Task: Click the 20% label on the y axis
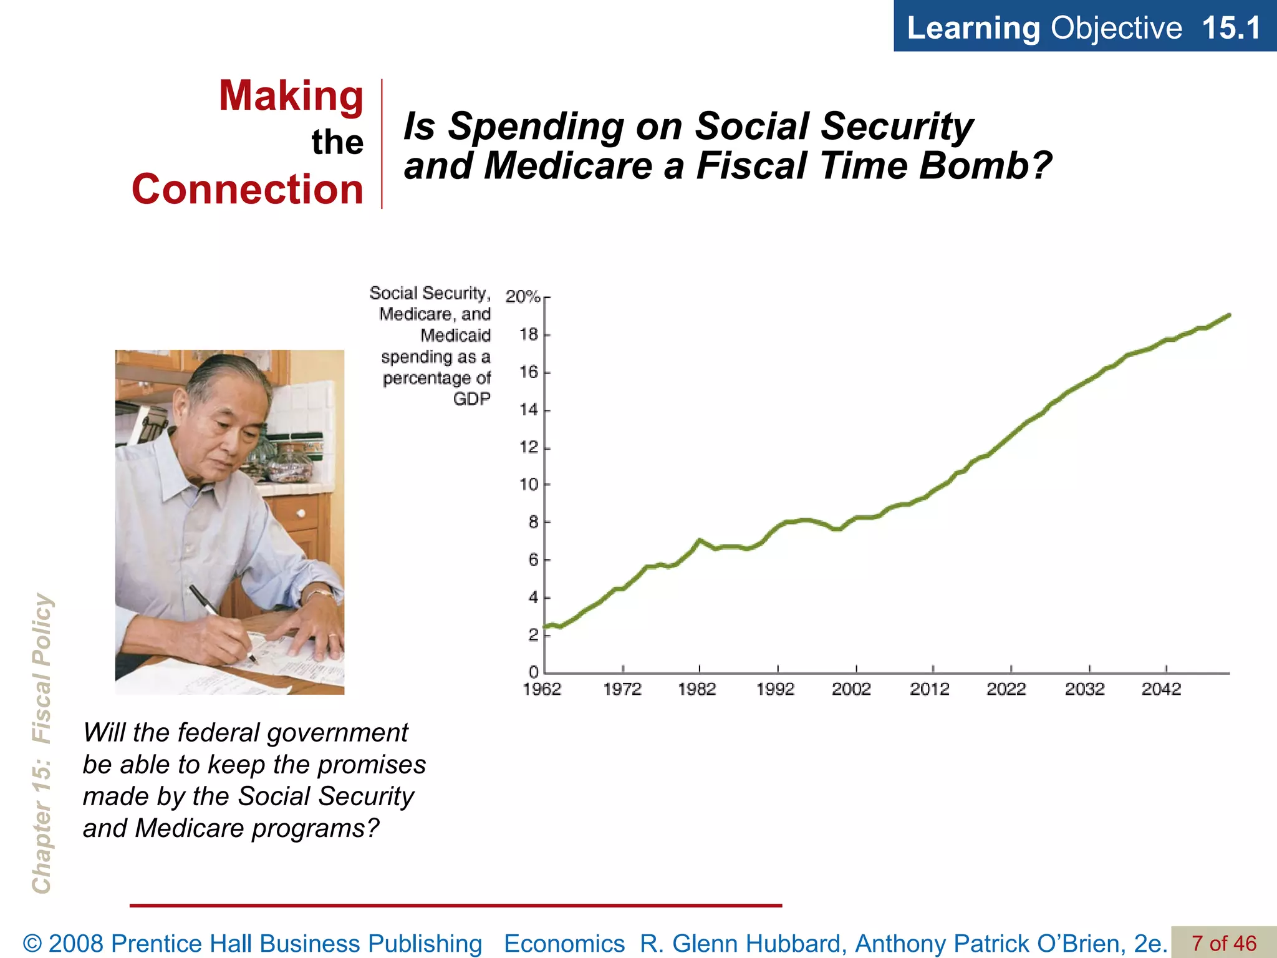[x=523, y=296]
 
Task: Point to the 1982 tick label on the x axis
[x=696, y=689]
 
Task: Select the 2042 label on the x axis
[x=1161, y=689]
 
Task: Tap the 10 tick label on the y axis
[x=529, y=485]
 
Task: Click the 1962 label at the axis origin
[x=542, y=689]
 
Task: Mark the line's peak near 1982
[x=700, y=540]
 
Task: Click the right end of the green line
[x=1228, y=316]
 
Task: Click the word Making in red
[x=291, y=96]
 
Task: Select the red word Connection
[x=248, y=190]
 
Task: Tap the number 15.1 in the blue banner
[x=1230, y=28]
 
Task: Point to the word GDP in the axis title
[x=471, y=399]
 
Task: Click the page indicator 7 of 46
[x=1223, y=943]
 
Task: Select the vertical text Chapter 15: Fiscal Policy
[x=42, y=742]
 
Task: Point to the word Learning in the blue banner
[x=973, y=28]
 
